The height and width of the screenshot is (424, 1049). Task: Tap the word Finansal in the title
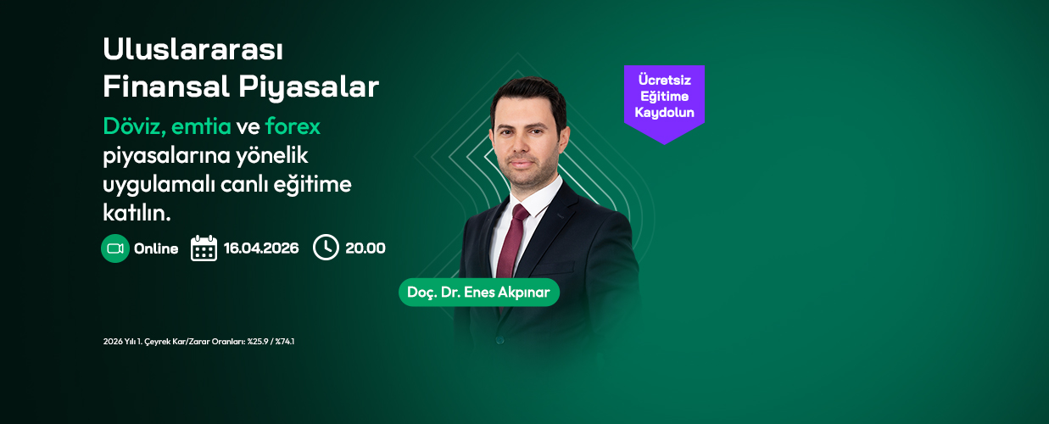166,86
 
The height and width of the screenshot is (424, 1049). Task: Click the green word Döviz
134,126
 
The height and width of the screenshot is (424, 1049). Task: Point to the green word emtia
201,126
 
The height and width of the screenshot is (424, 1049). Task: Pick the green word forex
293,126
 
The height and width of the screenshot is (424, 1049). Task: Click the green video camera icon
115,248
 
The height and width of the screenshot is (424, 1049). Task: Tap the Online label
156,248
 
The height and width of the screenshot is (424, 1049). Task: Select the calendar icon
204,248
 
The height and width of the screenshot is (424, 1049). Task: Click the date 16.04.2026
261,248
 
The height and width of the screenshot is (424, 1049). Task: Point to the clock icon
326,248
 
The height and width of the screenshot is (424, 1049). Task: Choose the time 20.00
365,248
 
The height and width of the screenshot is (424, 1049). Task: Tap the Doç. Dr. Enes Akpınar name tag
479,293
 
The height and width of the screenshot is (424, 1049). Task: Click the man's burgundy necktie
512,243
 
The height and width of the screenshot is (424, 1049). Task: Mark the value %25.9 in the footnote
258,342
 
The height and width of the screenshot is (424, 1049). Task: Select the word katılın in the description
137,213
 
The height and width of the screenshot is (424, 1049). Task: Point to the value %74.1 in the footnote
285,342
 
